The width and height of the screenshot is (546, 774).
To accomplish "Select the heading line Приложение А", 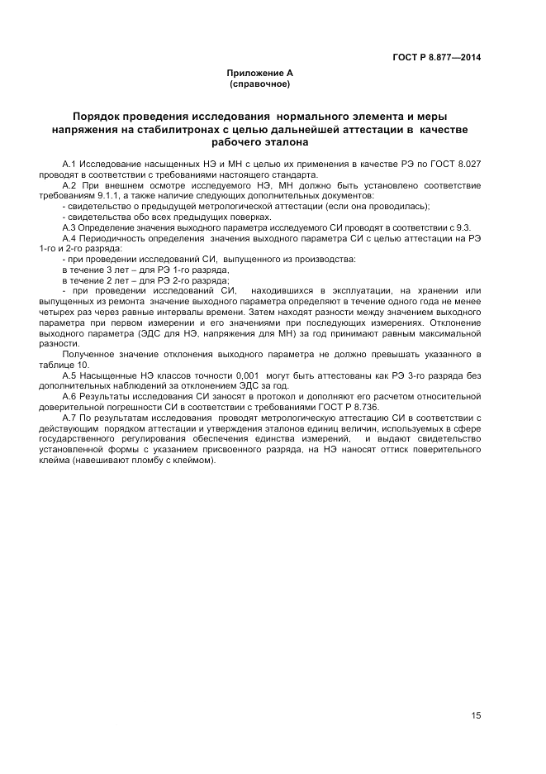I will (x=259, y=74).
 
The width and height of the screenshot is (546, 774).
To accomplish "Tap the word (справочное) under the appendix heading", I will (x=259, y=84).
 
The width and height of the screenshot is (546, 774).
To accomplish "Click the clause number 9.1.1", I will (x=111, y=195).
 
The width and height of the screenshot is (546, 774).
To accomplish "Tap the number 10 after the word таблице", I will (x=83, y=364).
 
